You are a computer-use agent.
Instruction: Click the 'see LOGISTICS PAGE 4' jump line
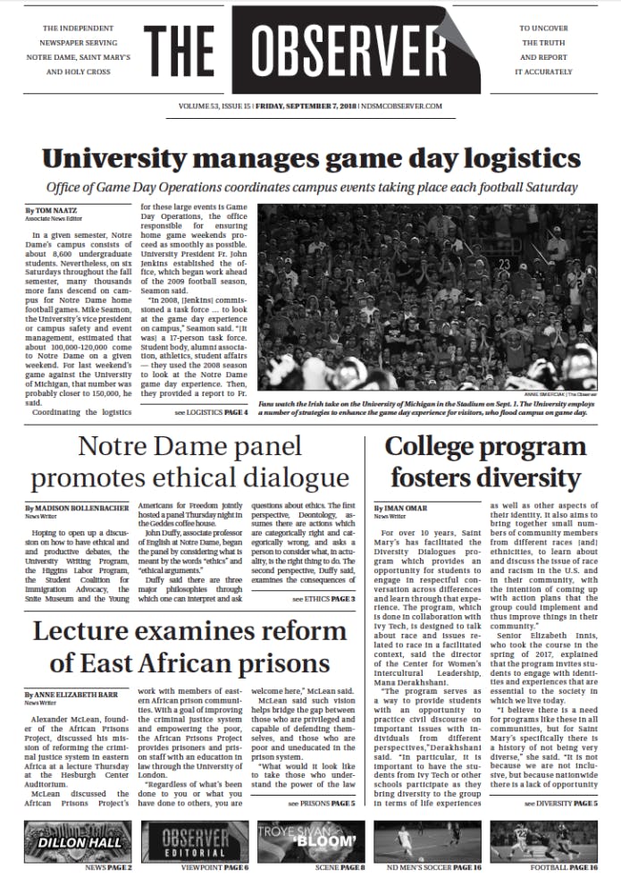click(x=211, y=413)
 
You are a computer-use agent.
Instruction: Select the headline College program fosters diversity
click(x=485, y=462)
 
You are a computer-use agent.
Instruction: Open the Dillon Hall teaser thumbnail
click(x=78, y=841)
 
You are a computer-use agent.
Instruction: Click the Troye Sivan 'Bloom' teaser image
click(x=310, y=841)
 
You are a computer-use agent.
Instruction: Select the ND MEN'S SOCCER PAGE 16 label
click(x=427, y=868)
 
